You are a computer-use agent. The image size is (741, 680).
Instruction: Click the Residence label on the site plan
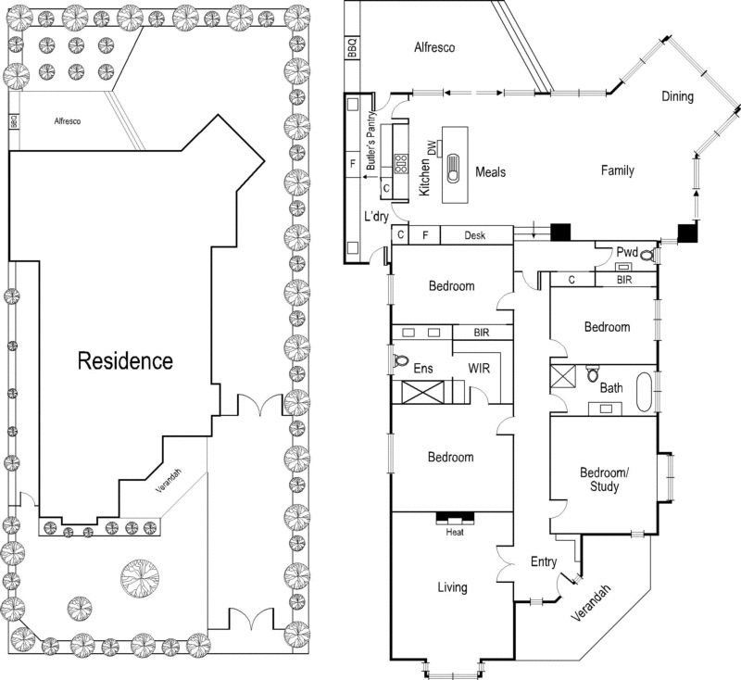(125, 360)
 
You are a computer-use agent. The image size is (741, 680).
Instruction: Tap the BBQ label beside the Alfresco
(351, 49)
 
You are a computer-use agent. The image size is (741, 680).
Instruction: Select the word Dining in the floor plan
(677, 96)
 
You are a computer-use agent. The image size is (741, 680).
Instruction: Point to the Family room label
(617, 170)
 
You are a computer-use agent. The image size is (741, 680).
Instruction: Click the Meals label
(490, 171)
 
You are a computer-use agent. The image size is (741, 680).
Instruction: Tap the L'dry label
(376, 216)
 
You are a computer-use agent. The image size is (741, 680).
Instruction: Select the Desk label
(475, 236)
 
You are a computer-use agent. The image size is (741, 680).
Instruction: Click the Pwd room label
(627, 250)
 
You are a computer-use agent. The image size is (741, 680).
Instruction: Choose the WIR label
(478, 369)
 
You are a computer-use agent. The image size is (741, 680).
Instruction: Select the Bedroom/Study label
(604, 479)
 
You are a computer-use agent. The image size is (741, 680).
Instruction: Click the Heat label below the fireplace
(454, 532)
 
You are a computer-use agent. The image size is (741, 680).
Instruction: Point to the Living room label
(453, 587)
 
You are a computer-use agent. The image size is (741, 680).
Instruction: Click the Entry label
(544, 561)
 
